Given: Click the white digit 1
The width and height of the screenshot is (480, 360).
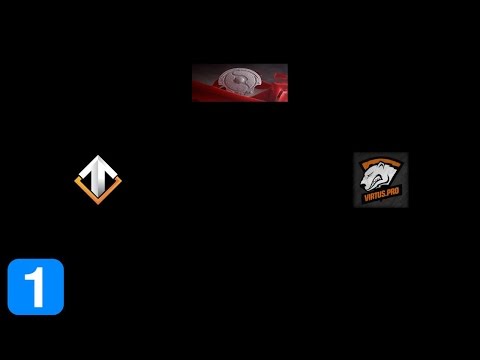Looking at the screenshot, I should [x=35, y=287].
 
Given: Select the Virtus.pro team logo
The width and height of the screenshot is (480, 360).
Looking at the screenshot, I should [x=380, y=179].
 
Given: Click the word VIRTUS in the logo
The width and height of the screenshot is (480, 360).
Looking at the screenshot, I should [x=373, y=200].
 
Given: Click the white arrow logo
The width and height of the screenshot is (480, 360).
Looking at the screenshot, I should [x=98, y=178].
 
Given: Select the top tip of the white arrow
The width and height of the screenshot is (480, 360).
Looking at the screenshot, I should [x=98, y=158].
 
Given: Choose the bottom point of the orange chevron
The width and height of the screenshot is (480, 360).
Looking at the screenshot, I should [x=98, y=196].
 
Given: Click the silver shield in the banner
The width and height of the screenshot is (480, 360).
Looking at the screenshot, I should [x=240, y=79].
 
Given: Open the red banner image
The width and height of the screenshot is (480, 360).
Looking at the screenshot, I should [x=240, y=83].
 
